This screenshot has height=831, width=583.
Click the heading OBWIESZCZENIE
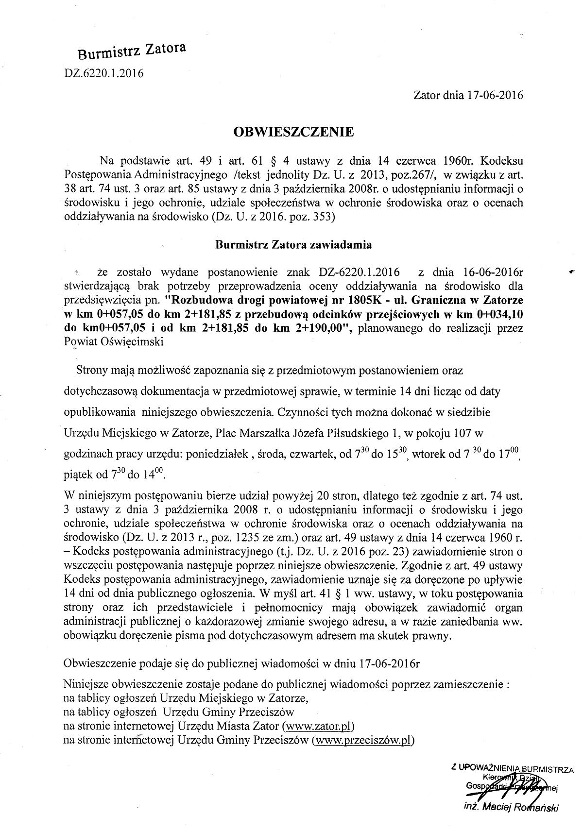(x=294, y=132)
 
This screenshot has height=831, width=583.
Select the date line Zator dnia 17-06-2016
(x=468, y=95)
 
